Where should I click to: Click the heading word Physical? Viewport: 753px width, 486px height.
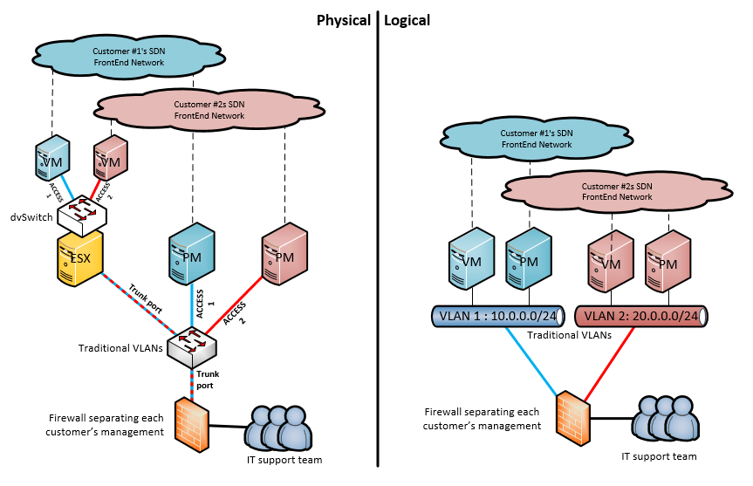343,19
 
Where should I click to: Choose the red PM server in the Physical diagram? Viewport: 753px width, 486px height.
284,253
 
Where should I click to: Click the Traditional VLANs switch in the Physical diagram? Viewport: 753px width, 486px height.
193,347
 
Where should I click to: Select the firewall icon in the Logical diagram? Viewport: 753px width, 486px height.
572,410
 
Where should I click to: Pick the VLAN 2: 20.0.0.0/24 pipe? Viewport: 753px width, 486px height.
641,316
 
